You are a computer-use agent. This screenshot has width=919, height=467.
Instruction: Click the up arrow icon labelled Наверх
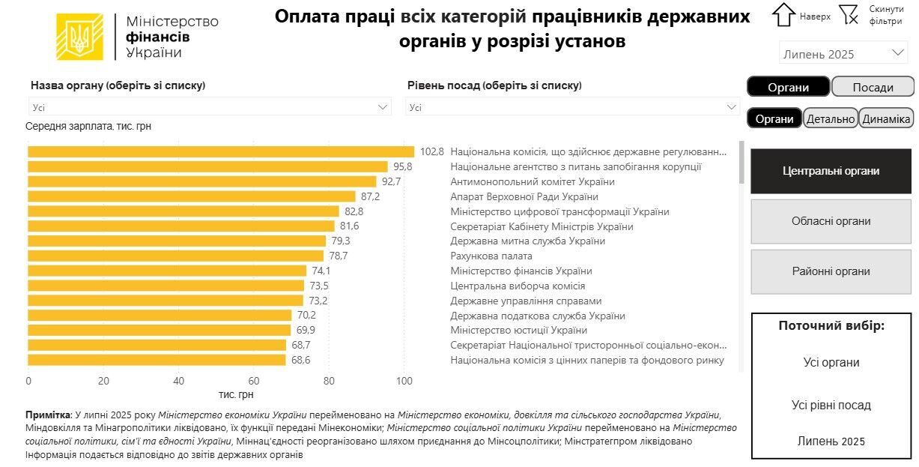783,15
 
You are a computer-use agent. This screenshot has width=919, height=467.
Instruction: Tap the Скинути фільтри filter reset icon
849,14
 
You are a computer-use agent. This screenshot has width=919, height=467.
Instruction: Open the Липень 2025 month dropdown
843,54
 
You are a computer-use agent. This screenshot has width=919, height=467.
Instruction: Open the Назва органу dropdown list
210,107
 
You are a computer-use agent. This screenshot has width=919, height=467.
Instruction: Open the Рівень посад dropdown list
573,107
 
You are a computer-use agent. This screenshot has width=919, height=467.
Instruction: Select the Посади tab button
873,87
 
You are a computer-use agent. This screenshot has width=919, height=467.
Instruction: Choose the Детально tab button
831,118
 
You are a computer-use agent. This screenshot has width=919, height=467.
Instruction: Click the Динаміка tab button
886,118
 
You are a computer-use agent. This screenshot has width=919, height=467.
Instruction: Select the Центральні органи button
831,171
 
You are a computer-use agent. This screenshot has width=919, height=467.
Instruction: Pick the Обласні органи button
831,221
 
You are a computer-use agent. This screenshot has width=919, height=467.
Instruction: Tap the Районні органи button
831,271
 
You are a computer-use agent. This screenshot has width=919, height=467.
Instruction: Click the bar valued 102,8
221,151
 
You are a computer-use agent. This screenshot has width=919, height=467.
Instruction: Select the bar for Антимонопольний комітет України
202,181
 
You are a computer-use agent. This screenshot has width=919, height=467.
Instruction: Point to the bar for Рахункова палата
176,256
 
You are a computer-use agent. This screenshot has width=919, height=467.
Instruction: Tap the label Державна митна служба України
527,241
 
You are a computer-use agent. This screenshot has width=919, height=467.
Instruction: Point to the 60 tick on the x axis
254,381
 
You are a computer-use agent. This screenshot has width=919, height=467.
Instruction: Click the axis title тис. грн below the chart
237,394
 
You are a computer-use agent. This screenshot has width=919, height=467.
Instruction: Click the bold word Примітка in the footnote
48,415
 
